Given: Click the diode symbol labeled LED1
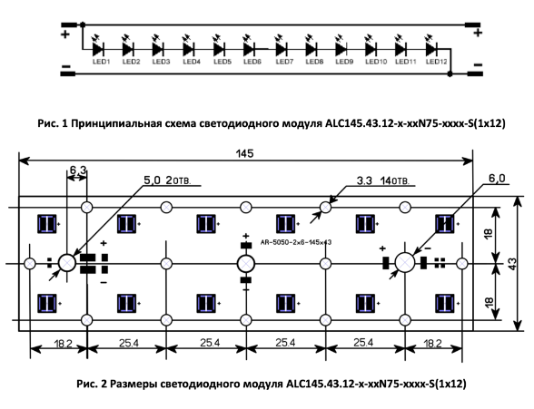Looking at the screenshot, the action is click(98, 49).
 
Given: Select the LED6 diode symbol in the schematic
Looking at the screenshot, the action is click(249, 49).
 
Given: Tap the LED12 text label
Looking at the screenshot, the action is click(436, 62).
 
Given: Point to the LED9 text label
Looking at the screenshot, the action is click(344, 62).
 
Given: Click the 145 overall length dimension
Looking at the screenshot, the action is click(245, 153).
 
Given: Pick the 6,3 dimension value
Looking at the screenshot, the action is click(78, 170).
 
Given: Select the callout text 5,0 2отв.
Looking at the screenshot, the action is click(167, 180).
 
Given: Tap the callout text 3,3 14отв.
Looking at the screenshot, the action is click(383, 180).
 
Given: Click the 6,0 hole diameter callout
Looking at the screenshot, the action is click(497, 178).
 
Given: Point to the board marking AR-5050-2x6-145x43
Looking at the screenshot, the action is click(296, 242).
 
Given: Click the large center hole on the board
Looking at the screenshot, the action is click(246, 264).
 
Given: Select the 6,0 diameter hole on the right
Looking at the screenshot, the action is click(405, 263).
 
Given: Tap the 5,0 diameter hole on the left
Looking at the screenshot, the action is click(67, 263).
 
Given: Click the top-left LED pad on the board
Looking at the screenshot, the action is click(47, 224).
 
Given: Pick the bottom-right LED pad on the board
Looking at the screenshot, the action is click(445, 303).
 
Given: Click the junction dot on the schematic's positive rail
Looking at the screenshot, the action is click(83, 24).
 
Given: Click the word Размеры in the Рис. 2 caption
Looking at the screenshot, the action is click(133, 385).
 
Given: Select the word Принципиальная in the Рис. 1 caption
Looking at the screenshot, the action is click(116, 123).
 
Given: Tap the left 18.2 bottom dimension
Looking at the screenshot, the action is click(63, 344).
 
